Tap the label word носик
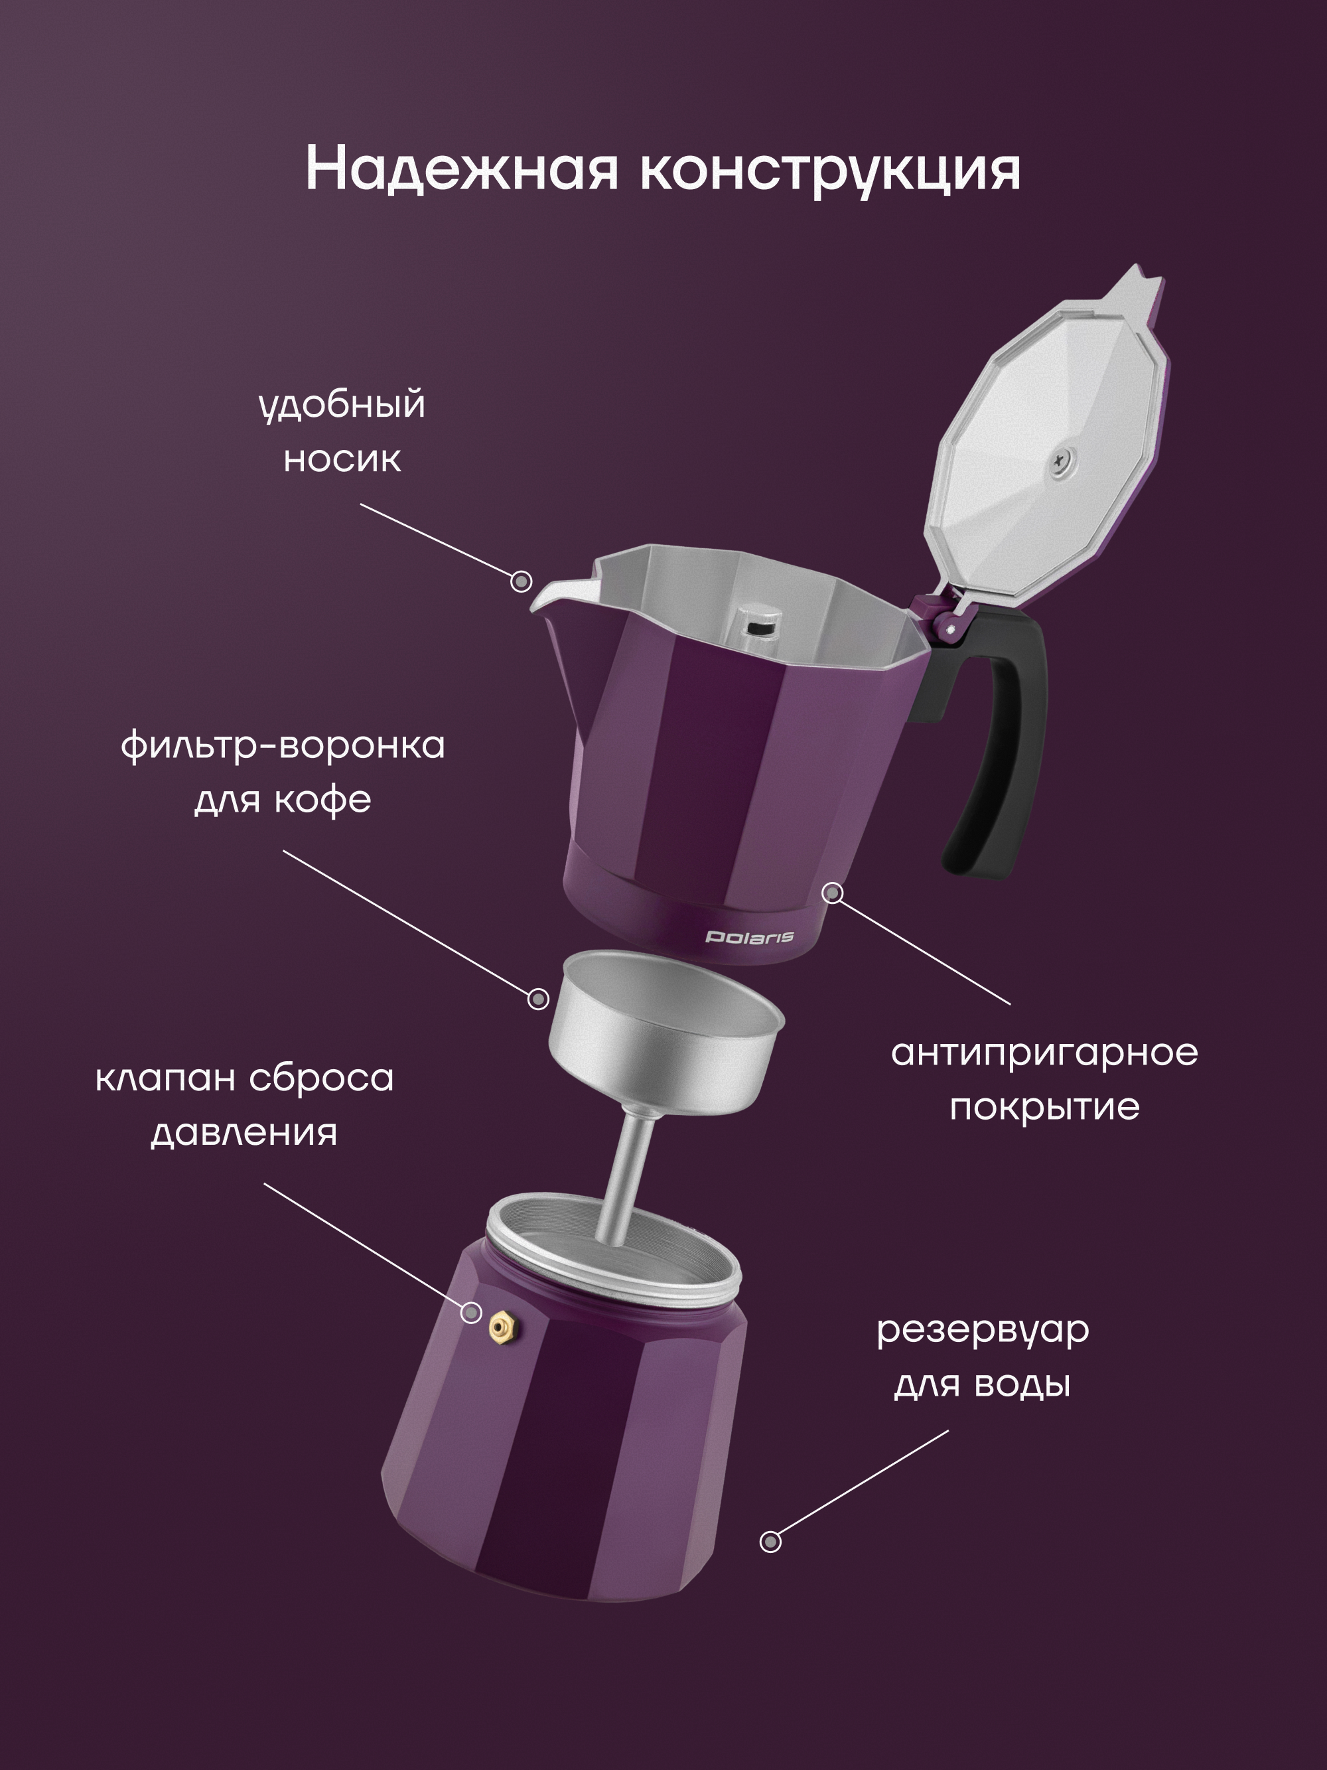(x=342, y=459)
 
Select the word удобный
(x=342, y=405)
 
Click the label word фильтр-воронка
(x=283, y=746)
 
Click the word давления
(x=244, y=1133)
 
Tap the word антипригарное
(x=1044, y=1053)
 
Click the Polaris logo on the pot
(x=750, y=937)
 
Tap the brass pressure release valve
(x=502, y=1327)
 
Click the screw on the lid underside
(x=1066, y=459)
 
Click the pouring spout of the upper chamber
(x=560, y=592)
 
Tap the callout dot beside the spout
(x=522, y=581)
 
